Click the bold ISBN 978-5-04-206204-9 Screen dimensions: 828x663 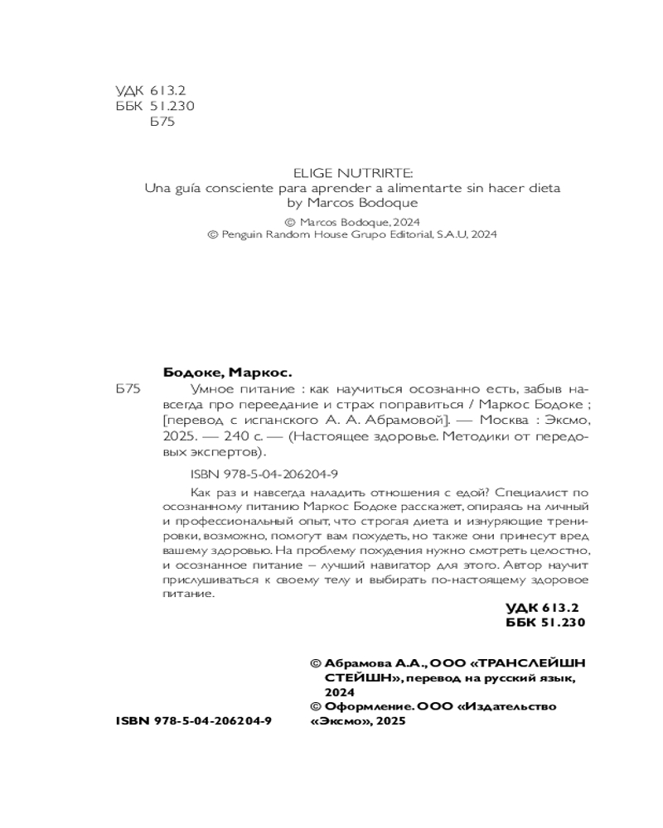click(195, 721)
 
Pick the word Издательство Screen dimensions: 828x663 click(511, 706)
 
